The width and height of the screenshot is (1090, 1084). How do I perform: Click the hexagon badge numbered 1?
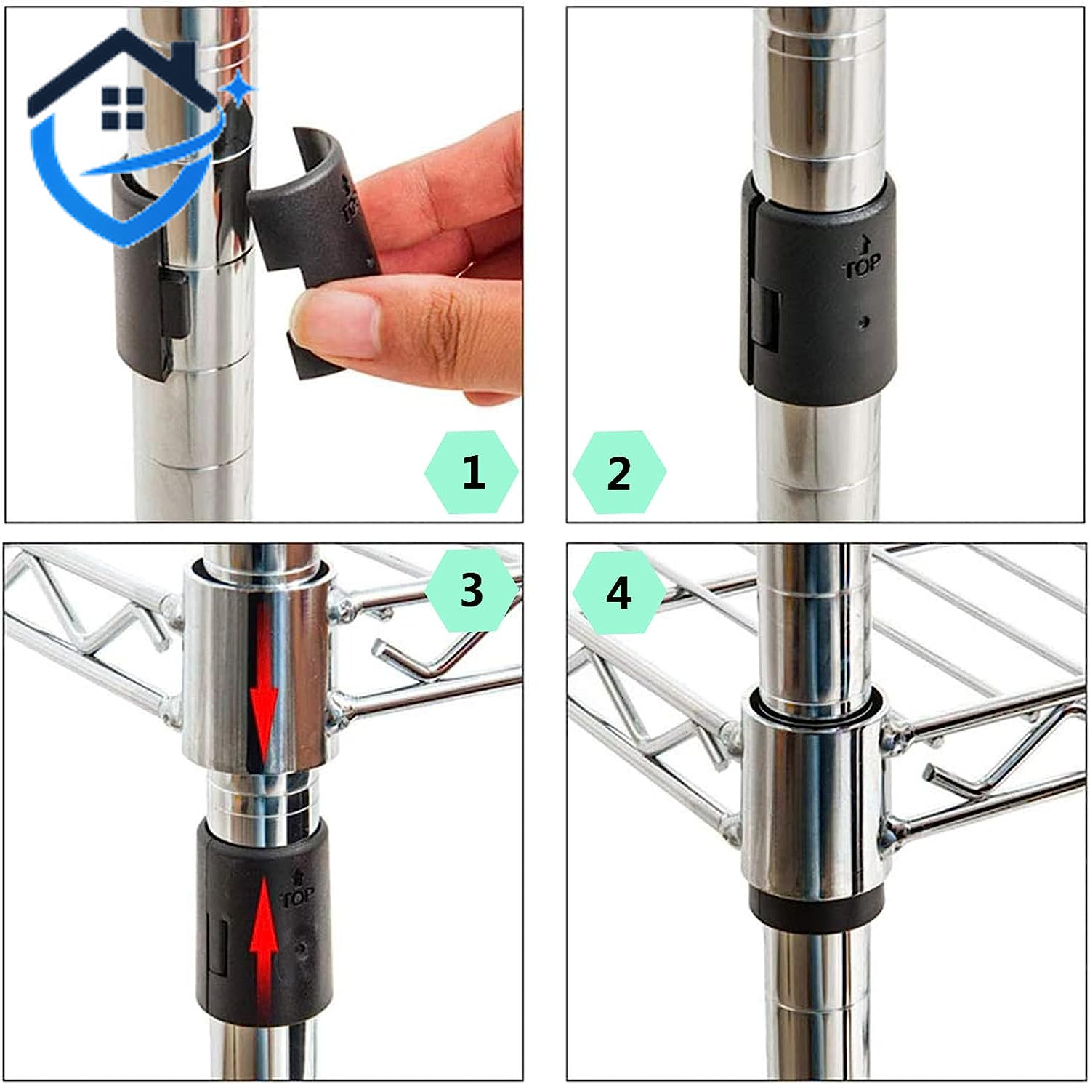(472, 472)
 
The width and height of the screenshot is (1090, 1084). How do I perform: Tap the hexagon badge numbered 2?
(619, 472)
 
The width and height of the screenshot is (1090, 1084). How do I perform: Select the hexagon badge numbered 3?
(472, 590)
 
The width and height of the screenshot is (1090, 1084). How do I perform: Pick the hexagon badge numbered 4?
(619, 593)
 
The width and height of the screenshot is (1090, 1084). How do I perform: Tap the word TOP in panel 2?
(863, 266)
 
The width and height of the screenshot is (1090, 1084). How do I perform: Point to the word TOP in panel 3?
(298, 899)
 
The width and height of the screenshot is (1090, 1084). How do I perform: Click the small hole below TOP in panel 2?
(863, 321)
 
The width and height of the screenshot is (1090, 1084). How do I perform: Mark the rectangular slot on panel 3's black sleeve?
(218, 946)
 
